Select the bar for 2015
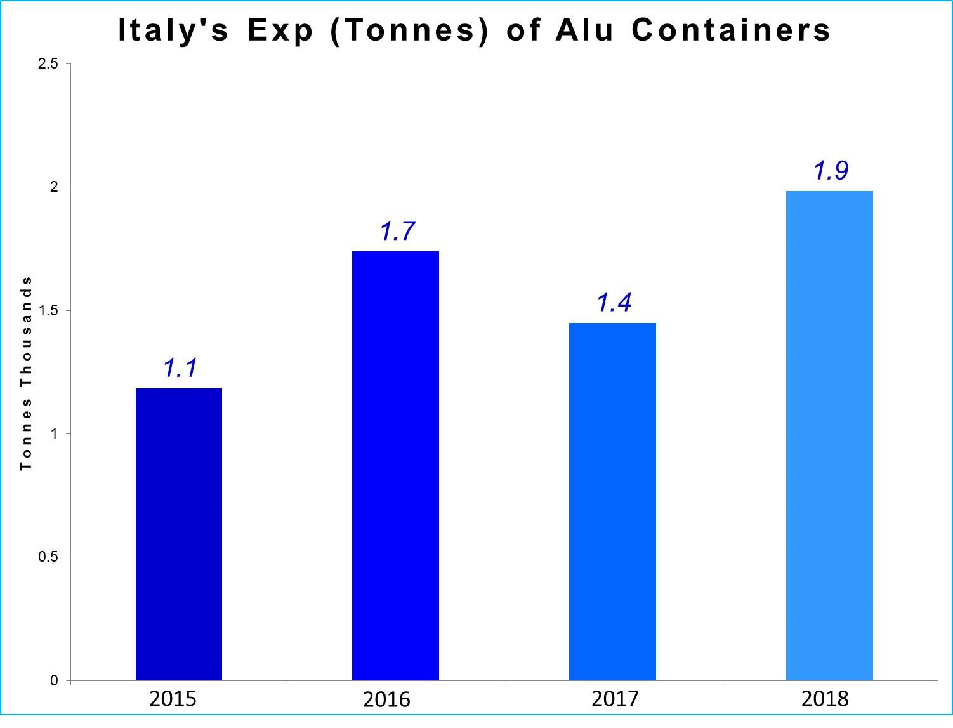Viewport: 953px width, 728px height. [x=179, y=534]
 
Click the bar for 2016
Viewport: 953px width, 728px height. [x=395, y=465]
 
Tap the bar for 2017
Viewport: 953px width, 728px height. [x=612, y=501]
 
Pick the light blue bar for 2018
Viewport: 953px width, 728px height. [x=829, y=435]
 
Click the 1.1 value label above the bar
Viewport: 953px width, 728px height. [x=180, y=368]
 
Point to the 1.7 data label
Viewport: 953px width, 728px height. [x=397, y=231]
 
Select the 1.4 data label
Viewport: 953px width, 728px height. [x=614, y=303]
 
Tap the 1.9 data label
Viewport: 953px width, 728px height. [x=831, y=171]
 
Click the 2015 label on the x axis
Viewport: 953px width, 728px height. [x=173, y=699]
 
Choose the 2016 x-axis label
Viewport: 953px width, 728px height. [x=386, y=700]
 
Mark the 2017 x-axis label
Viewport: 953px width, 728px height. [x=615, y=699]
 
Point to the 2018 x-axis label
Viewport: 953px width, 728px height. [x=825, y=699]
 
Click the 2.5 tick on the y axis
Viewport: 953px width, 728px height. [x=48, y=64]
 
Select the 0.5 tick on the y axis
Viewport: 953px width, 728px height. [x=48, y=557]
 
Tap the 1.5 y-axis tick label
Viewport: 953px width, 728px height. [x=48, y=311]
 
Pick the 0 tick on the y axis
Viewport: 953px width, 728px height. [x=54, y=681]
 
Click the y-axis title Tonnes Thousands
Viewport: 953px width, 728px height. [x=26, y=373]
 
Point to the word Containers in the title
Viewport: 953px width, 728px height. [x=731, y=30]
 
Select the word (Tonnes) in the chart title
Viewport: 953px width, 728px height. [x=410, y=30]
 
